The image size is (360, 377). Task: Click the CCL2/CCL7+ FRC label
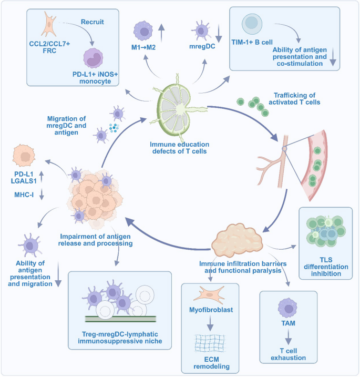[x=49, y=47]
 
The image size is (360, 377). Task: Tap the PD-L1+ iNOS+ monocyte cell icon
[x=93, y=58]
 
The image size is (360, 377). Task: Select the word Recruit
[x=92, y=22]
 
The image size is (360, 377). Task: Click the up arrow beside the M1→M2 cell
[x=161, y=33]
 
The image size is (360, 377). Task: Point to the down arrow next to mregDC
[x=219, y=33]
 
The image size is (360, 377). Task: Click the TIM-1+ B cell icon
[x=252, y=24]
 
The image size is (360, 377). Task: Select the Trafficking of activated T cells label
[x=294, y=99]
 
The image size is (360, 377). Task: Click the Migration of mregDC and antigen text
[x=66, y=126]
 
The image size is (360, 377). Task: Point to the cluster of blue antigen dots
[x=114, y=128]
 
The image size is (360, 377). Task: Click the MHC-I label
[x=24, y=195]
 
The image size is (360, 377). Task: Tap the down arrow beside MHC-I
[x=42, y=194]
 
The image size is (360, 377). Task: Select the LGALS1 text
[x=24, y=181]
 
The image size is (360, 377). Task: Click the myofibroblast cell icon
[x=209, y=294]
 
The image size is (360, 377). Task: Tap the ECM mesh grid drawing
[x=210, y=343]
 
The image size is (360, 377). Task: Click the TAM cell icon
[x=287, y=308]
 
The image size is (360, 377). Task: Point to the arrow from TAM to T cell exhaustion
[x=289, y=337]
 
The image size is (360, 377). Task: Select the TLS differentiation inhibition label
[x=326, y=267]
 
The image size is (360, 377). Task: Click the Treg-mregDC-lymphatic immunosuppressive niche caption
[x=120, y=338]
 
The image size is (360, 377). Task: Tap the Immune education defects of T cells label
[x=180, y=148]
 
